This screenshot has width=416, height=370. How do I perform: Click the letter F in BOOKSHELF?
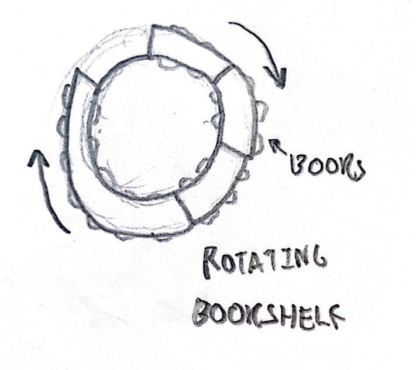[335, 315]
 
